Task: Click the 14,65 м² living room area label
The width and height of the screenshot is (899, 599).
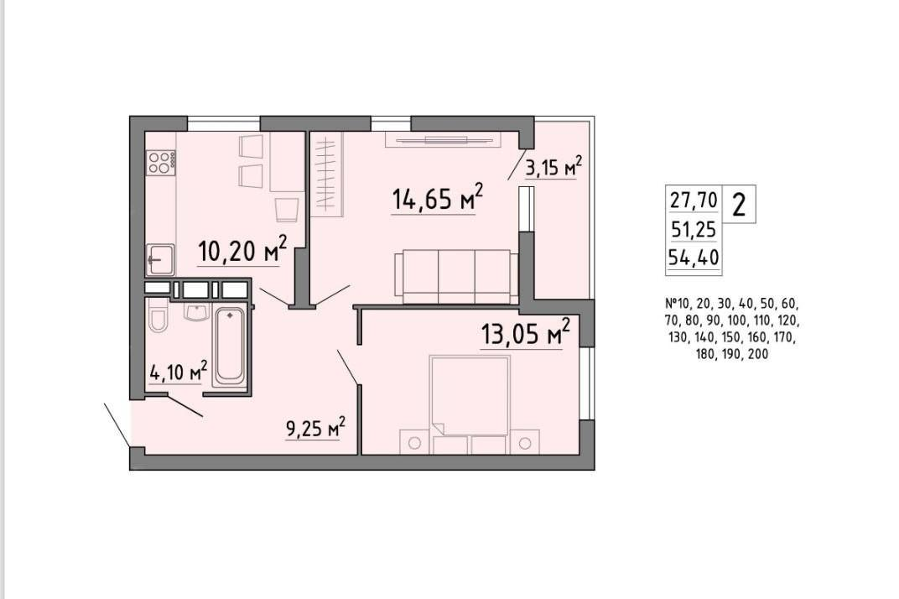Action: [x=438, y=198]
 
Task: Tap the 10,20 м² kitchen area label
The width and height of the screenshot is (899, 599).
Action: [x=242, y=250]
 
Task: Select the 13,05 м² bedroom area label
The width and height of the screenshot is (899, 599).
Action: [x=526, y=333]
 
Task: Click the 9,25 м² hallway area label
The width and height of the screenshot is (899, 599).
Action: [x=315, y=428]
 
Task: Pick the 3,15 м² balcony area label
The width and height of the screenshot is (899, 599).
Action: [x=553, y=167]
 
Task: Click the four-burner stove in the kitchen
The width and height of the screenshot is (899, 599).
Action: [x=161, y=162]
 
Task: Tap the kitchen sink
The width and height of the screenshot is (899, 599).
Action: [x=160, y=260]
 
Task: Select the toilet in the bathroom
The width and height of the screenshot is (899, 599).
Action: [x=157, y=317]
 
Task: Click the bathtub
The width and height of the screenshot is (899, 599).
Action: [x=230, y=346]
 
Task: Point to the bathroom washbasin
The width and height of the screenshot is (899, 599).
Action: [x=196, y=311]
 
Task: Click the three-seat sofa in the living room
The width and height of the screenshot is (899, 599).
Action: [x=456, y=276]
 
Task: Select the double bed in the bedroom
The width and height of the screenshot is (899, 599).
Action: [x=470, y=396]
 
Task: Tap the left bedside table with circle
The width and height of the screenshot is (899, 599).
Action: [x=414, y=442]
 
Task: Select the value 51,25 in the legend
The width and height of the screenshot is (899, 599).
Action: [x=694, y=230]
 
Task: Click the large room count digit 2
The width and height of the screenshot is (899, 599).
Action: [x=739, y=204]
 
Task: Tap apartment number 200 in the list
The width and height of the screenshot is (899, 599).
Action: [x=758, y=355]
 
